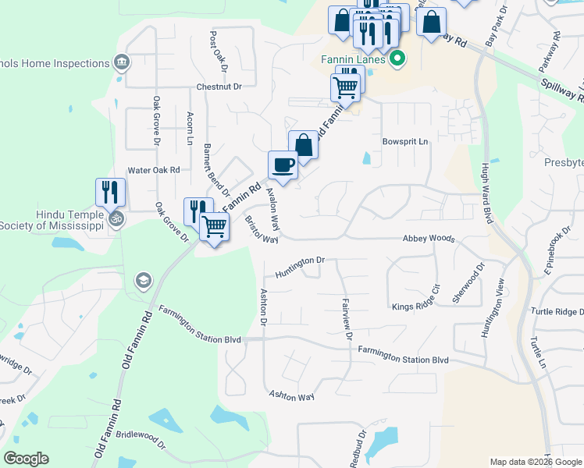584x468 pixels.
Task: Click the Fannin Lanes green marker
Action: tap(397, 58)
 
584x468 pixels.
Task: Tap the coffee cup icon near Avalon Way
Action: tap(283, 165)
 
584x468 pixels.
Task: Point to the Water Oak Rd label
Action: tap(154, 170)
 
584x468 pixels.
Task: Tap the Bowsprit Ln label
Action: tap(405, 142)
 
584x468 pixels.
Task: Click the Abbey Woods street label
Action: tap(429, 239)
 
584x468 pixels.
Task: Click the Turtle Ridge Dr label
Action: tap(556, 311)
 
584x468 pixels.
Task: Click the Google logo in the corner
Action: tap(26, 459)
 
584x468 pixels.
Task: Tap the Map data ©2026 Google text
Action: tap(535, 462)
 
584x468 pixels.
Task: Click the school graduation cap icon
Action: tap(143, 279)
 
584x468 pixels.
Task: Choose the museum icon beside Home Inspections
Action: tap(120, 62)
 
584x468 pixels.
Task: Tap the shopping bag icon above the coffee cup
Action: tap(303, 144)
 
